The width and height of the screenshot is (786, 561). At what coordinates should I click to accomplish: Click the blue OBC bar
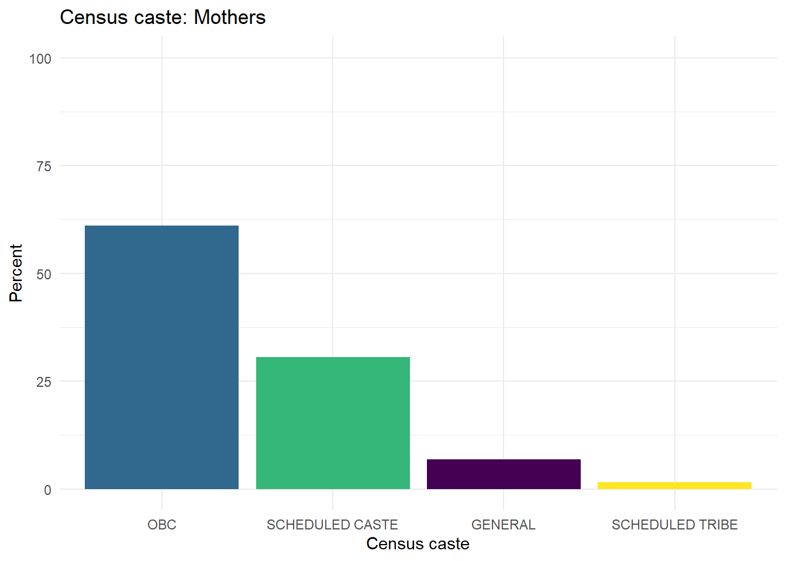click(x=161, y=357)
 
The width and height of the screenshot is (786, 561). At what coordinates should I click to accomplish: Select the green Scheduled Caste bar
click(x=333, y=423)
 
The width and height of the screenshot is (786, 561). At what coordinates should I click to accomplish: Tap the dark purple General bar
click(x=504, y=474)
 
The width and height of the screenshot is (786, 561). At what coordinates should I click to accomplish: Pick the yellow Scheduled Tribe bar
click(x=674, y=486)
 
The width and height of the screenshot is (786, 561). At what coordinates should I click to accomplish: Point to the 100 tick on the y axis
click(x=40, y=58)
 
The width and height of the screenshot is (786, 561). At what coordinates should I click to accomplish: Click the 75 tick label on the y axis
click(x=44, y=167)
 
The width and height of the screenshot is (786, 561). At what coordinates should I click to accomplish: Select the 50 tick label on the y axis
click(x=44, y=274)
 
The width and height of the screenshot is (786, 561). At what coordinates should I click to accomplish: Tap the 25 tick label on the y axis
click(x=44, y=382)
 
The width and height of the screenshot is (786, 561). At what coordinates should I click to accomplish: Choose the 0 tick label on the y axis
click(x=47, y=490)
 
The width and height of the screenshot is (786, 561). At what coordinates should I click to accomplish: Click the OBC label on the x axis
click(x=162, y=525)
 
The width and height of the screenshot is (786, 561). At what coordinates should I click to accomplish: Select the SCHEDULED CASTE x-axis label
click(x=332, y=525)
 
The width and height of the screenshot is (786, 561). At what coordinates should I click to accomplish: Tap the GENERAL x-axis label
click(x=504, y=525)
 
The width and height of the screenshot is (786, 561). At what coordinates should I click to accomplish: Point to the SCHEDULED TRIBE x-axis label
click(x=674, y=525)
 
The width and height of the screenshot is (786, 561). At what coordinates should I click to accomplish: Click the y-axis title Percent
click(x=16, y=273)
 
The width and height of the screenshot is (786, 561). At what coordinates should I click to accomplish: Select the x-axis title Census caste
click(x=418, y=544)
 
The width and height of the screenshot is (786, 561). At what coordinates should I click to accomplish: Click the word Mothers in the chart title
click(x=230, y=18)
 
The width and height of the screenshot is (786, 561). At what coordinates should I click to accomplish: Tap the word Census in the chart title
click(x=92, y=18)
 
